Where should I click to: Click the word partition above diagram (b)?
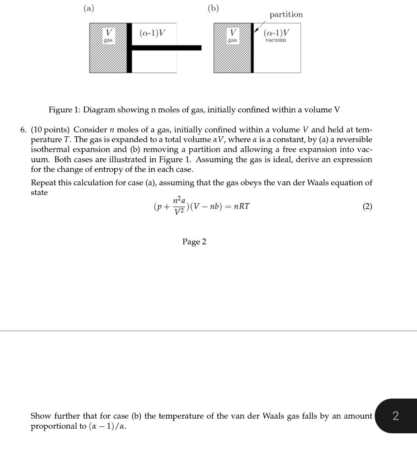(x=286, y=15)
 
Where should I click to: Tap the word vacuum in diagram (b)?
(x=276, y=40)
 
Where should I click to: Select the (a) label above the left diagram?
(x=89, y=8)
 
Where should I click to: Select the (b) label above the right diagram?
(x=213, y=8)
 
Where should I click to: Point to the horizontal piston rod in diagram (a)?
(x=166, y=48)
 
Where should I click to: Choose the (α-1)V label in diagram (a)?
(x=152, y=33)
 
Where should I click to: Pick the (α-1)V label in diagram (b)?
(x=276, y=33)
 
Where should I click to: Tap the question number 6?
(x=24, y=130)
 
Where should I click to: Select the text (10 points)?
(x=50, y=130)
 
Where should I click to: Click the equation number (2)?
(x=367, y=206)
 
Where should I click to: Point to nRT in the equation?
(x=242, y=206)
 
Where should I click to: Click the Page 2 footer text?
(x=194, y=242)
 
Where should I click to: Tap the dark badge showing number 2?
(x=395, y=416)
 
